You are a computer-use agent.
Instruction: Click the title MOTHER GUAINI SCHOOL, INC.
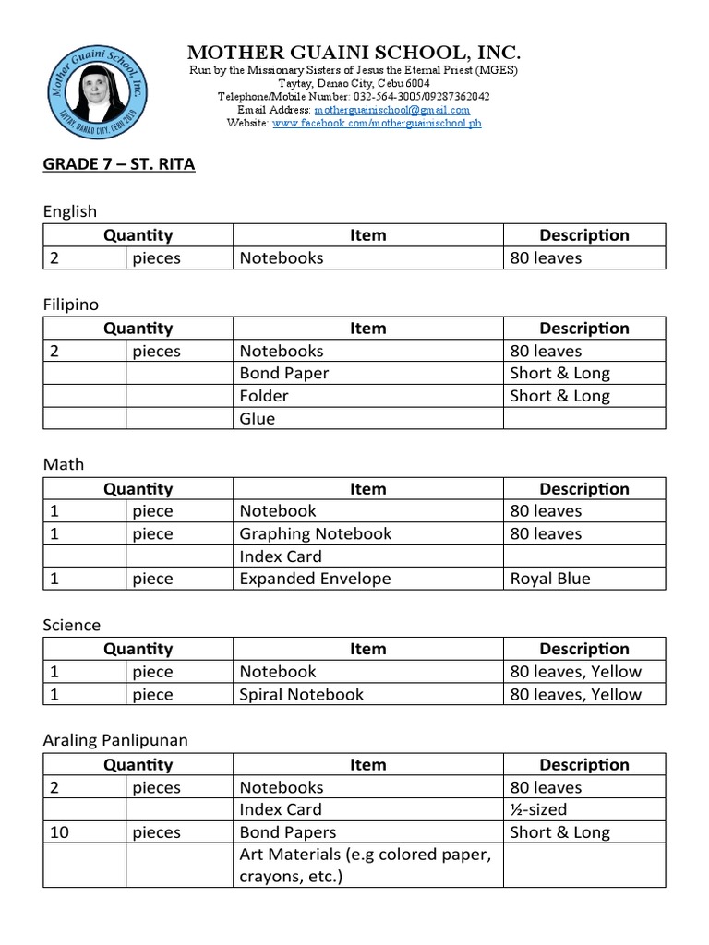(x=354, y=52)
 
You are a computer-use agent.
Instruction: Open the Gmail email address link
(x=391, y=109)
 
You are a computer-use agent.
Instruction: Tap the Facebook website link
(x=377, y=123)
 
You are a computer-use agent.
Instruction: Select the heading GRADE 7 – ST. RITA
(x=119, y=165)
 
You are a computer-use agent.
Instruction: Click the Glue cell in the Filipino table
(x=258, y=418)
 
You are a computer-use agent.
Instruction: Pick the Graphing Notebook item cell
(x=316, y=533)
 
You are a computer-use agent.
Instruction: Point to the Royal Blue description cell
(x=551, y=579)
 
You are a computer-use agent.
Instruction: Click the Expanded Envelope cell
(x=316, y=579)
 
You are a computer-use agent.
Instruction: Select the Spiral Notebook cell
(x=302, y=694)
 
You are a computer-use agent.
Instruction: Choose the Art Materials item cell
(x=365, y=866)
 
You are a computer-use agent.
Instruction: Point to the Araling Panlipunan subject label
(x=115, y=740)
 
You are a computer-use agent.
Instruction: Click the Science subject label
(x=72, y=625)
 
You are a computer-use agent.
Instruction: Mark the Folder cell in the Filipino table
(x=264, y=396)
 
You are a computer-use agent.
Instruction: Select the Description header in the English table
(x=583, y=235)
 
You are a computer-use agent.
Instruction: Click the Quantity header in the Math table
(x=138, y=489)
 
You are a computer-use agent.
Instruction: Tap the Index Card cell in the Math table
(x=281, y=556)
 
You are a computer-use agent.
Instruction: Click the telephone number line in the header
(x=354, y=96)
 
